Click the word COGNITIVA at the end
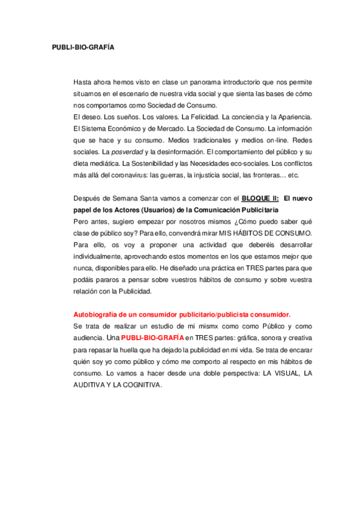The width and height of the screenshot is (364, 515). click(x=142, y=384)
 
